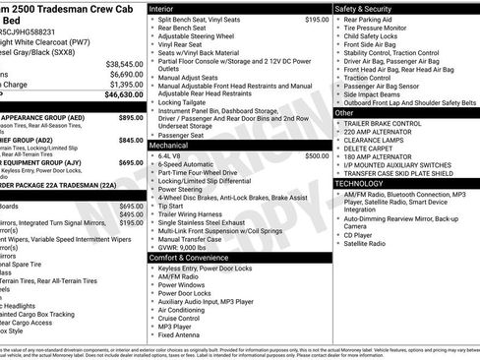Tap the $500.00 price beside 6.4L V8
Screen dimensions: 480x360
point(317,155)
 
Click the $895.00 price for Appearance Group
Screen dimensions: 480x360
point(131,117)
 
